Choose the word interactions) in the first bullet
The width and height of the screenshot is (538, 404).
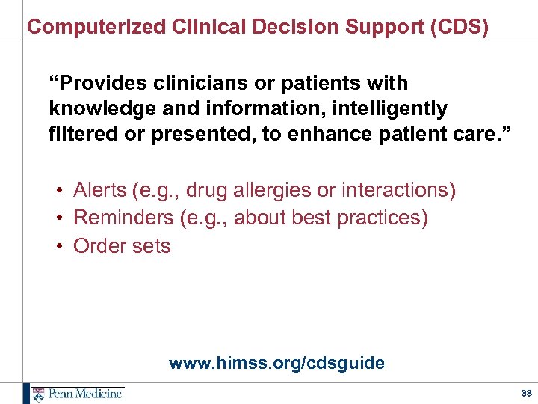(398, 191)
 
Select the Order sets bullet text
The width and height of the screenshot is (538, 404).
(122, 246)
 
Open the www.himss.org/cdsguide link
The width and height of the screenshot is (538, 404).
(276, 364)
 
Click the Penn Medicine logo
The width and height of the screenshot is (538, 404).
(75, 394)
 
